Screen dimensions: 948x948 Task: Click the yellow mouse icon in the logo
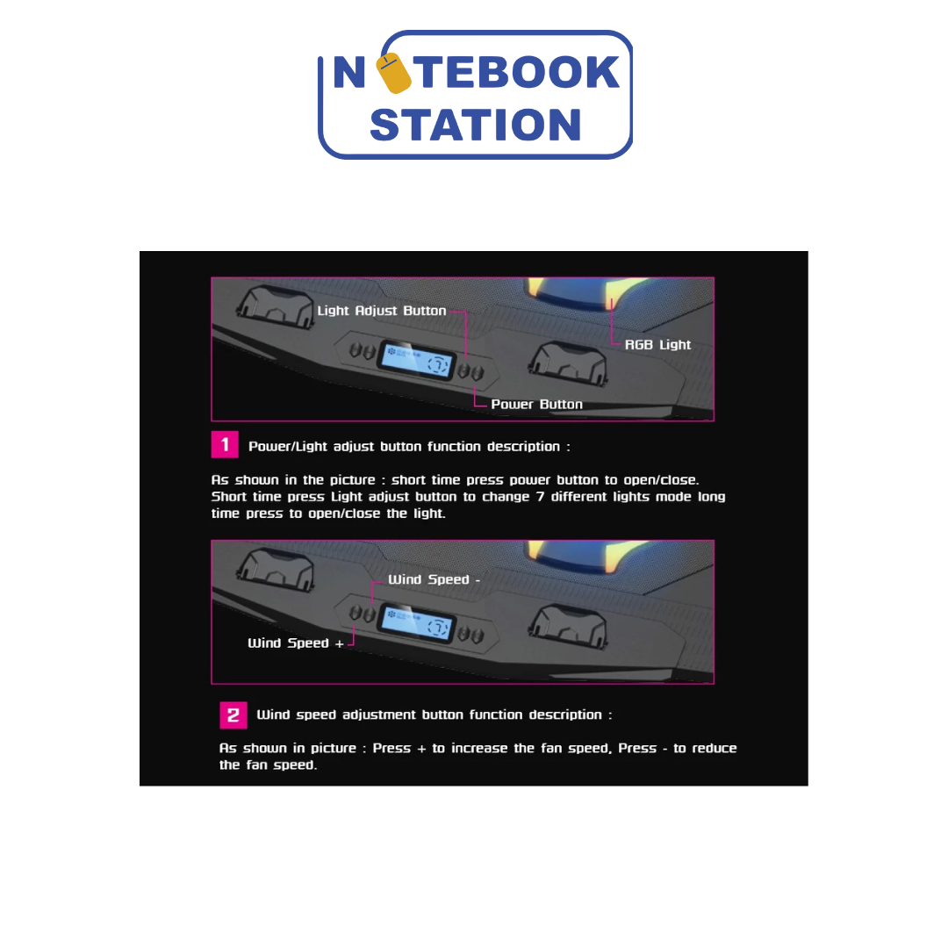[393, 73]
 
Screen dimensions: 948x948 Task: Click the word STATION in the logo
[476, 126]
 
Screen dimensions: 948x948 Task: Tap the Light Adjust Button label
[382, 311]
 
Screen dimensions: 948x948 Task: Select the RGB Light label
[657, 345]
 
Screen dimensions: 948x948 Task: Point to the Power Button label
[537, 404]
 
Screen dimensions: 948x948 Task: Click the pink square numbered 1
[225, 444]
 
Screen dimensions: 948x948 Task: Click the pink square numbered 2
[233, 715]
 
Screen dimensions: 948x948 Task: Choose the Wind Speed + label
[296, 643]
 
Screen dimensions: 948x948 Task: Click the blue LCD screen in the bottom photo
[416, 622]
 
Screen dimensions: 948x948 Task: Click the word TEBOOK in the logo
[519, 72]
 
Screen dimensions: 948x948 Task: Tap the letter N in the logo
[349, 72]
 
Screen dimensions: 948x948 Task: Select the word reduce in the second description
[714, 748]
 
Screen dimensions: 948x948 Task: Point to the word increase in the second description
[479, 748]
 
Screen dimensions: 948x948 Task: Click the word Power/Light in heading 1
[288, 446]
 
